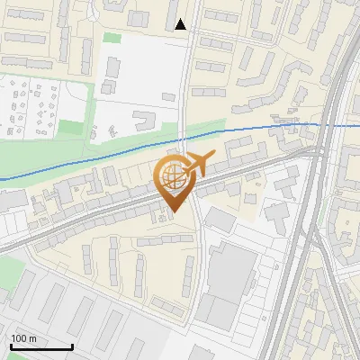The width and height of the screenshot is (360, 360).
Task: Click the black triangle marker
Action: pos(181,24)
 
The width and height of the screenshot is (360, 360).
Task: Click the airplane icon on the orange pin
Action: pos(197,164)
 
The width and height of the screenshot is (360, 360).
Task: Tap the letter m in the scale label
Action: pos(32,338)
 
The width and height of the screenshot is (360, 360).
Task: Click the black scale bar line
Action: pos(40,346)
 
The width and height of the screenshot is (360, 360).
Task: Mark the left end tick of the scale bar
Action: pos(10,345)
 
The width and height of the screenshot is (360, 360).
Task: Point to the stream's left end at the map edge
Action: pos(2,179)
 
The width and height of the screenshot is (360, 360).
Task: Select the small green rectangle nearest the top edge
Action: pos(112,38)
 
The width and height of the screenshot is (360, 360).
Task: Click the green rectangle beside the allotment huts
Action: pos(72,128)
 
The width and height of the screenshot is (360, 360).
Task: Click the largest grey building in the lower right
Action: pos(230,274)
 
